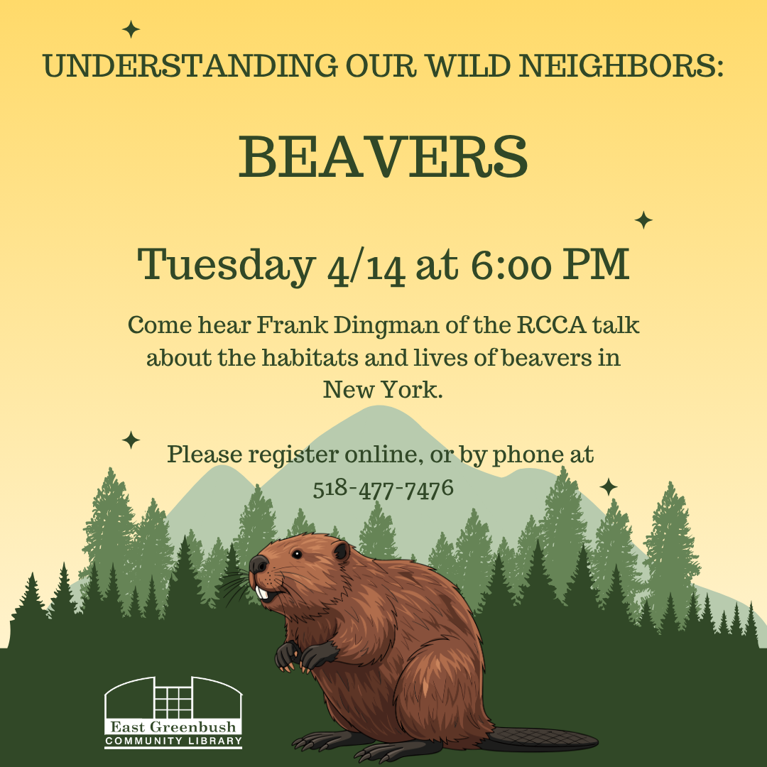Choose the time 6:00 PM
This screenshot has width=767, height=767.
coord(550,264)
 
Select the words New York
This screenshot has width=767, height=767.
coord(383,389)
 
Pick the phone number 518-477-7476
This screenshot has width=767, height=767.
coord(383,489)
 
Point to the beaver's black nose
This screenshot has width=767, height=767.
coord(258,565)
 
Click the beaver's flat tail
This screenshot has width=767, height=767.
coord(540,739)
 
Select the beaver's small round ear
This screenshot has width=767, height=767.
coord(342,551)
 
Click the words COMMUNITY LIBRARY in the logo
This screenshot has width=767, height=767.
coord(173,741)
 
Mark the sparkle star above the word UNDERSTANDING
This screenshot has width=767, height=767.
coord(131,30)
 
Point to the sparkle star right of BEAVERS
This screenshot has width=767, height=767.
coord(643,220)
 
